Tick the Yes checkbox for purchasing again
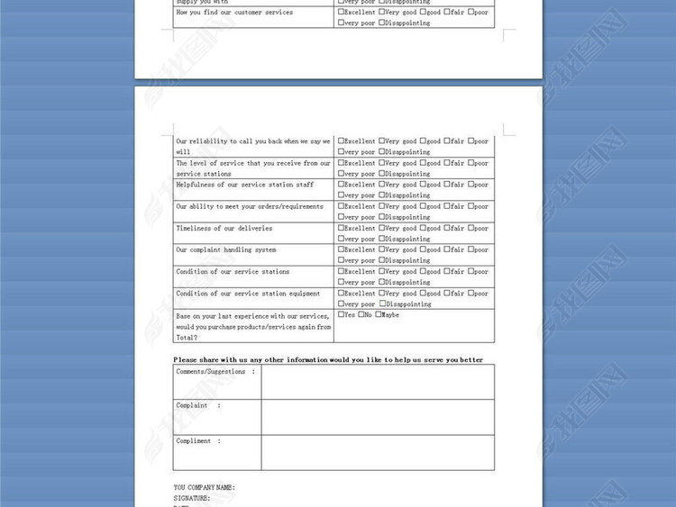tap(341, 314)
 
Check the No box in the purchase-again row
tap(361, 314)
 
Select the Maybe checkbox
tap(379, 314)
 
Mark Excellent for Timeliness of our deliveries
tap(341, 228)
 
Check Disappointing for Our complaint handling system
tap(382, 260)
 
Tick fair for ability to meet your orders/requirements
tap(446, 206)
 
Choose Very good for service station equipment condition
tap(382, 293)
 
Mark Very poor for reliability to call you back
tap(341, 152)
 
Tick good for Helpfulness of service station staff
tap(423, 185)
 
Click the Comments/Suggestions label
tap(215, 371)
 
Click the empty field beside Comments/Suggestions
tap(378, 382)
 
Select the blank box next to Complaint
tap(378, 417)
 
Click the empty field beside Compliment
tap(378, 452)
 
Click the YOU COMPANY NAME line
tap(205, 487)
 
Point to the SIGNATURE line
tap(192, 497)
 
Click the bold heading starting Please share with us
tap(328, 359)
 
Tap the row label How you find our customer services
tap(234, 13)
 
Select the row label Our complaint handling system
tap(226, 249)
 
